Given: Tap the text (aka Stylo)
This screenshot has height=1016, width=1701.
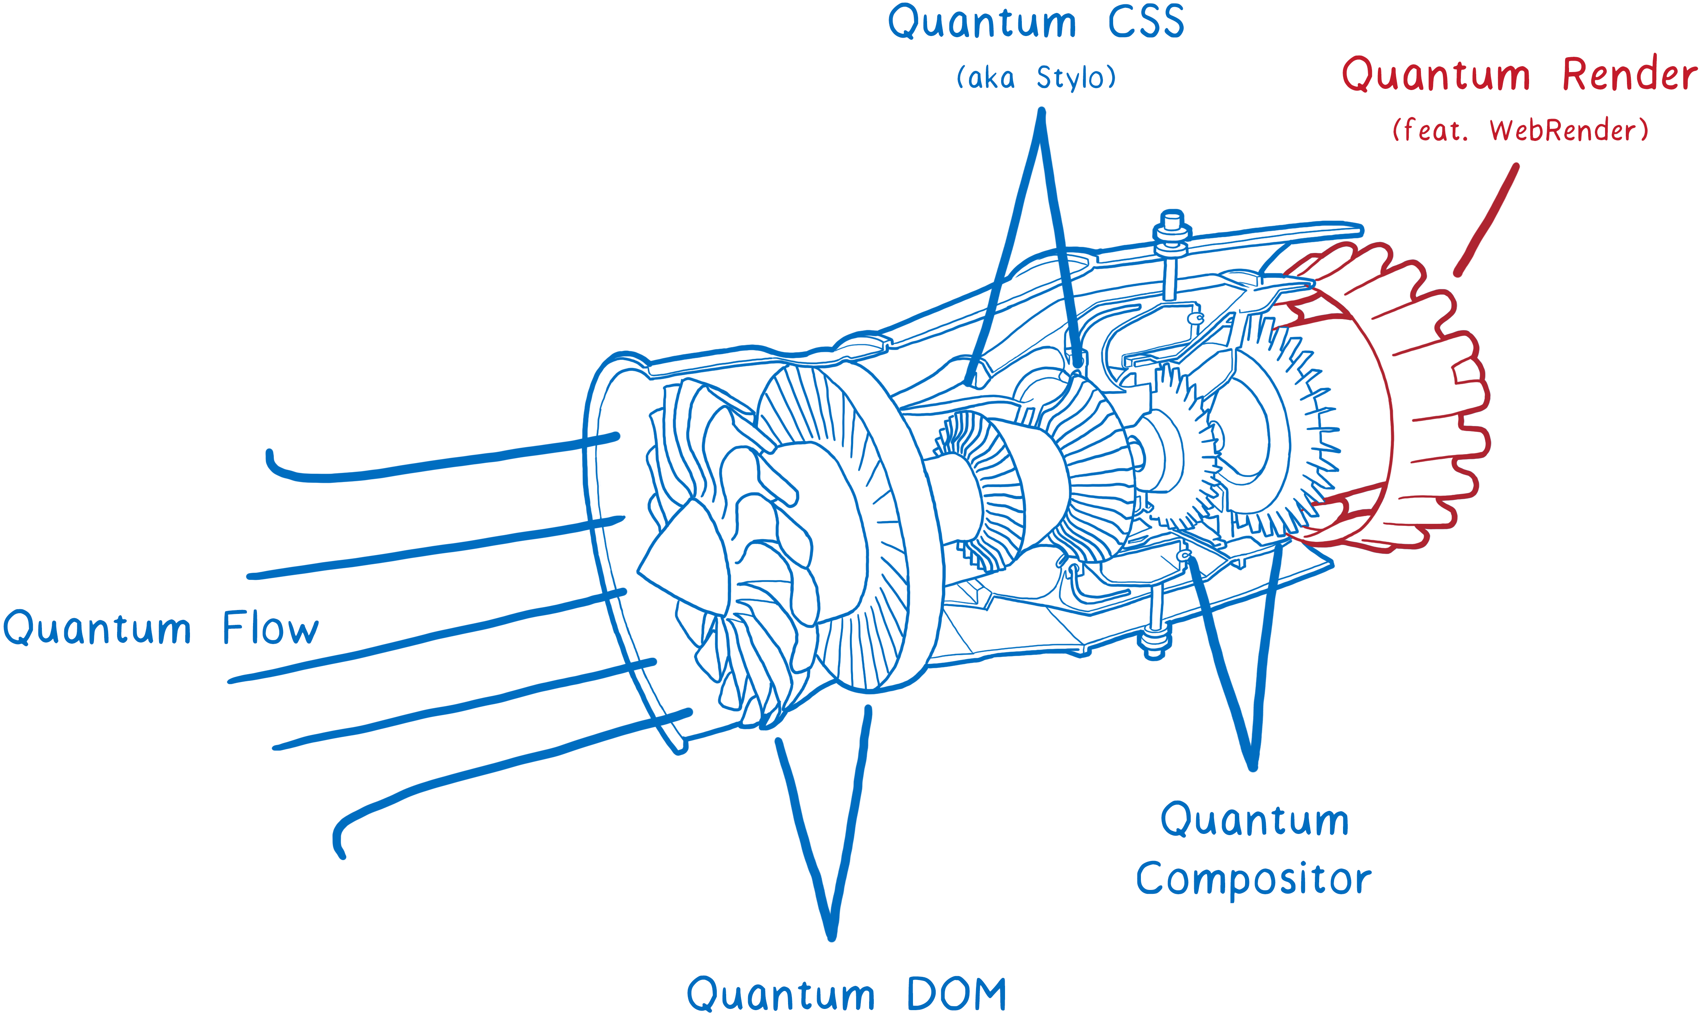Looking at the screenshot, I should (1036, 78).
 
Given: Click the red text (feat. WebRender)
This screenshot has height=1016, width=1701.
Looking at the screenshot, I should (1520, 130).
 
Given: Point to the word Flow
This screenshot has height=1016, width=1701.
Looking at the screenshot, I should (271, 628).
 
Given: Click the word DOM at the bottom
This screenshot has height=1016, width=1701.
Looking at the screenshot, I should (957, 994).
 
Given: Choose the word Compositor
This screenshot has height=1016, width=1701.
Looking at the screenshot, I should (1253, 880).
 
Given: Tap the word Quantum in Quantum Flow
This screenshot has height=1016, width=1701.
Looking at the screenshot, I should (97, 628).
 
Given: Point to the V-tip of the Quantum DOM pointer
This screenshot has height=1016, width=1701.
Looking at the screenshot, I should (831, 935).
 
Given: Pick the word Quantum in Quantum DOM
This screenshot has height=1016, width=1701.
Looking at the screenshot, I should (781, 994).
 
